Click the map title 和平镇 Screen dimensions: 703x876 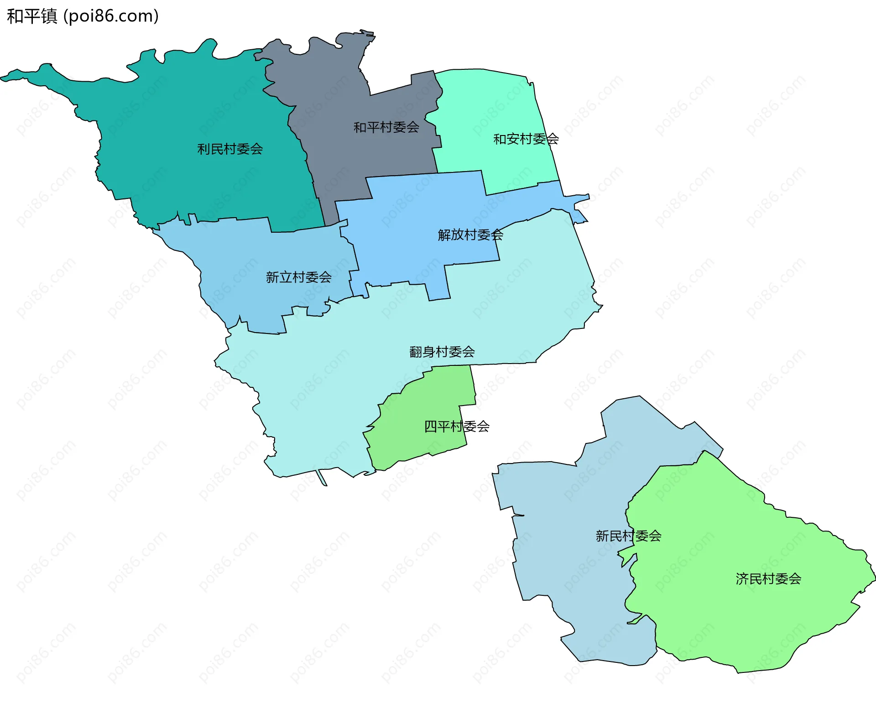(x=32, y=16)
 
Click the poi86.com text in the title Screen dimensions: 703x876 (x=111, y=16)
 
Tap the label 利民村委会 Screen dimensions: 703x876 (x=230, y=149)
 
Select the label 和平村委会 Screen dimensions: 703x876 (x=386, y=127)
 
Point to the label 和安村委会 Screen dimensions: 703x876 (x=526, y=139)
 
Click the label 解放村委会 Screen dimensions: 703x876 (x=470, y=235)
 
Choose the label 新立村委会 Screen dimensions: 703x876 (x=298, y=277)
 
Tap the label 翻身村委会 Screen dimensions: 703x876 (x=442, y=352)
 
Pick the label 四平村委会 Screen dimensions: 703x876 (x=456, y=427)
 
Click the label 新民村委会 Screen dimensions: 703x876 (x=628, y=536)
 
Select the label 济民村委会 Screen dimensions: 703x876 (x=768, y=579)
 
